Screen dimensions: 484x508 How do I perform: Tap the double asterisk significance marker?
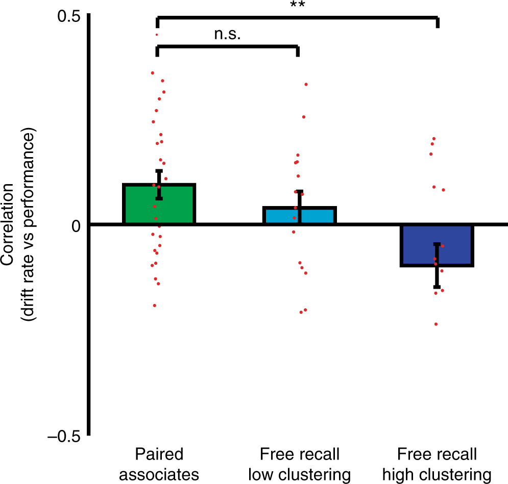297,5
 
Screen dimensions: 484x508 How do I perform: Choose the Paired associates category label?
159,465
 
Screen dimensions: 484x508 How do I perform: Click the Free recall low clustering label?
299,465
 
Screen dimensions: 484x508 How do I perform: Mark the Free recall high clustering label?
437,465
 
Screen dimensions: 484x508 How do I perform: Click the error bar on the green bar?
159,185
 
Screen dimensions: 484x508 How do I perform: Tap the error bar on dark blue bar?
437,265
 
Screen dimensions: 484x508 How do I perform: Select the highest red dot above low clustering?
306,84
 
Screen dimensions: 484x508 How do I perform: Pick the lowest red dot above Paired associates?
154,305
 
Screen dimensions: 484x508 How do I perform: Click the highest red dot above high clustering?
434,138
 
